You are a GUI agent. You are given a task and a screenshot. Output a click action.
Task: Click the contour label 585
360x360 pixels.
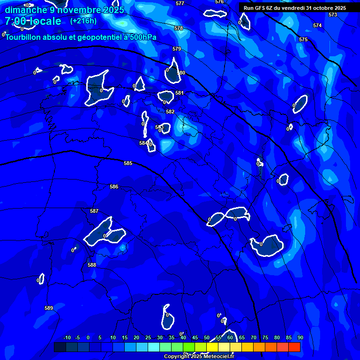click(x=128, y=163)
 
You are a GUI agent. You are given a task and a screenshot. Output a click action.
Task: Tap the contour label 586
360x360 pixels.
click(x=114, y=187)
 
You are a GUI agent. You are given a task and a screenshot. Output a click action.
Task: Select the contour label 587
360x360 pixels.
click(x=94, y=211)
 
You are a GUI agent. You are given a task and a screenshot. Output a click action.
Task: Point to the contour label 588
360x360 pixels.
click(x=92, y=265)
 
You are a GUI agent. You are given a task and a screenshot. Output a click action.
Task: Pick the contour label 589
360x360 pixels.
click(x=49, y=308)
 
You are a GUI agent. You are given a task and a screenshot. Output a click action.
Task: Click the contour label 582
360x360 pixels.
click(x=170, y=112)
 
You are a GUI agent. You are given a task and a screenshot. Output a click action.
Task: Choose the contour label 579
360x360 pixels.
click(x=177, y=49)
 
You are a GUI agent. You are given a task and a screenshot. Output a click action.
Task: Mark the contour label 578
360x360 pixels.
click(x=179, y=28)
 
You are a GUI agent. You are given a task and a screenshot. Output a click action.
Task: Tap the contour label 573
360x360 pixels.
click(x=333, y=15)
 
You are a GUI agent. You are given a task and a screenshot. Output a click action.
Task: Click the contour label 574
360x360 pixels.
click(x=317, y=25)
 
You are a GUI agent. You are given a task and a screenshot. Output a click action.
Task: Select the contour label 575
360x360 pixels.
click(x=303, y=39)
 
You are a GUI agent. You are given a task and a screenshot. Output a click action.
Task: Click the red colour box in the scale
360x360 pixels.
click(x=294, y=347)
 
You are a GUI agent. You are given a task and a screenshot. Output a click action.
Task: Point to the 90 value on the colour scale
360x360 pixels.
click(x=300, y=337)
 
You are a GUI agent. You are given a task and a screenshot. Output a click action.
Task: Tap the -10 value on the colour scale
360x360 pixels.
click(x=67, y=337)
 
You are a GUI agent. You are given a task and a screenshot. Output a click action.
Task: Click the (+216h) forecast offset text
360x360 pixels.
click(x=83, y=21)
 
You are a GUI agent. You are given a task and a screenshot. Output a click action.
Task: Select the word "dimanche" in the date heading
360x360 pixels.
click(x=26, y=10)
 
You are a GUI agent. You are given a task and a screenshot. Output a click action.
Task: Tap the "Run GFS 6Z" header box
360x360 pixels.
click(x=295, y=8)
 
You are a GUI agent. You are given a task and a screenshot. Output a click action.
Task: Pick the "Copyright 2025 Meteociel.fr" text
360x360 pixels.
click(x=199, y=357)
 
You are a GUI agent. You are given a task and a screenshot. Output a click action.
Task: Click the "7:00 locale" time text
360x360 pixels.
click(x=33, y=21)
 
